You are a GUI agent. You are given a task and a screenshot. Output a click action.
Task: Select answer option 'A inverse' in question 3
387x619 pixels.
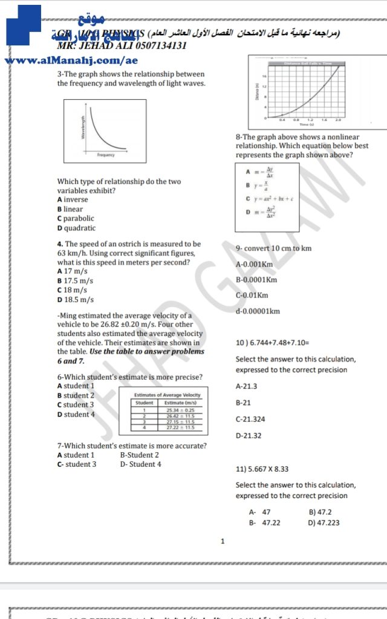click(73, 199)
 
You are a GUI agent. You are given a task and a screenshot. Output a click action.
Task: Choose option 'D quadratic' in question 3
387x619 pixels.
click(76, 228)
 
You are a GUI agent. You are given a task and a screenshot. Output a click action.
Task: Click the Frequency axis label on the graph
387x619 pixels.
click(106, 155)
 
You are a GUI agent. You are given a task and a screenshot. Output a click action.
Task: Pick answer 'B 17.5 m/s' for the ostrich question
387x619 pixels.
click(75, 281)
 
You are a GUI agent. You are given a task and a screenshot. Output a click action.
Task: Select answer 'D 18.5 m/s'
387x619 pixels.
click(75, 299)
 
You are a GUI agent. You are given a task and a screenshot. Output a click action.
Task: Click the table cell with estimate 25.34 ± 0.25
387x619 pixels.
click(180, 410)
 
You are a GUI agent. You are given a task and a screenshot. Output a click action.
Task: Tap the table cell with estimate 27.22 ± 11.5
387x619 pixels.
click(180, 427)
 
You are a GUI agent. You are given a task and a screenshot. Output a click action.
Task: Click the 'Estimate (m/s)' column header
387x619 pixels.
click(180, 403)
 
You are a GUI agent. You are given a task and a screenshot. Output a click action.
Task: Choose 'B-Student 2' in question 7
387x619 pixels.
click(140, 455)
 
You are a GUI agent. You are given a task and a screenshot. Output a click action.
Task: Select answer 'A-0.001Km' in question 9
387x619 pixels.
click(254, 264)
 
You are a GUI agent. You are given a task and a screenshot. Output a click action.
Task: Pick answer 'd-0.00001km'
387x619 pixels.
click(258, 311)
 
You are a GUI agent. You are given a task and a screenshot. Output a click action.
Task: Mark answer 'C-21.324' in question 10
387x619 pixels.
click(250, 419)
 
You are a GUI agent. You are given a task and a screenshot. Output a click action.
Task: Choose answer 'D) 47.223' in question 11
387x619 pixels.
click(324, 523)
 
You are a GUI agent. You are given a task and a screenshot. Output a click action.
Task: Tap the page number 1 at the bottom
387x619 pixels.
click(223, 541)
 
